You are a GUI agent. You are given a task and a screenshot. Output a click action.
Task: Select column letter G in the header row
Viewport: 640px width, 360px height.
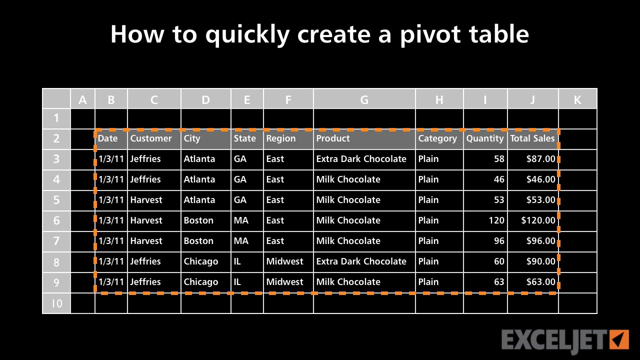[364, 99]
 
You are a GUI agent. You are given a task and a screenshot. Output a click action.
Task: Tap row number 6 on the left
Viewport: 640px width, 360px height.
[56, 220]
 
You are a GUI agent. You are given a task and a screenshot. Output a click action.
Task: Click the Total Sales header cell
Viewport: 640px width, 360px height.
[532, 138]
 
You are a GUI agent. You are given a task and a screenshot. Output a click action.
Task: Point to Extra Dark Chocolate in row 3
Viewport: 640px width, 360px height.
[361, 159]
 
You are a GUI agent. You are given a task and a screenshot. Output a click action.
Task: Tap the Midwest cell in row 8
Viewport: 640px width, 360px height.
[284, 261]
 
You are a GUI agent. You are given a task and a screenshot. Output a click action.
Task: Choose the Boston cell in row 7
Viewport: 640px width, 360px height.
[198, 241]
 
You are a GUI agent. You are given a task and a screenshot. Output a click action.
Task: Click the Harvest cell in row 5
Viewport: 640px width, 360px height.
[146, 200]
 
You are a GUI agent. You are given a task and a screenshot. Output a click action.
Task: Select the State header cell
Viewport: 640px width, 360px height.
[244, 138]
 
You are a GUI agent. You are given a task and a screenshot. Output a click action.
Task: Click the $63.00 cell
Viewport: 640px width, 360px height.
[540, 282]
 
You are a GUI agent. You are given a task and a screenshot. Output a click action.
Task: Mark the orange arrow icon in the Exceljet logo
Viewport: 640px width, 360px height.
[619, 339]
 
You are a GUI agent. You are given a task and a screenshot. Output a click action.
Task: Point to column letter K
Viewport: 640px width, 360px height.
[577, 99]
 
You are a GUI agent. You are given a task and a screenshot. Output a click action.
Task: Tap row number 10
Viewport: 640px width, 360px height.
[56, 303]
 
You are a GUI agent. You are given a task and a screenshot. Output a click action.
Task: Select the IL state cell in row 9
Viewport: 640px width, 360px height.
[237, 282]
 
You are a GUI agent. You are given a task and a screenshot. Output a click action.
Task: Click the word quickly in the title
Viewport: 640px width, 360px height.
[247, 34]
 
